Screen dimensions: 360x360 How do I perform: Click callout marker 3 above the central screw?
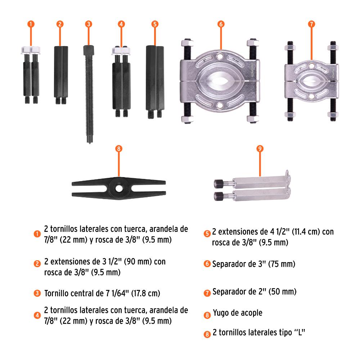(89, 24)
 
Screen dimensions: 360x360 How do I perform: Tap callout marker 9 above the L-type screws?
(260, 149)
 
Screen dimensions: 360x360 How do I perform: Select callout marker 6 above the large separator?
(221, 24)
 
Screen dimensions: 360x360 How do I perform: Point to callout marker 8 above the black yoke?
(118, 149)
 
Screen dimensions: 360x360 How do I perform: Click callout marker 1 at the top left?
(31, 24)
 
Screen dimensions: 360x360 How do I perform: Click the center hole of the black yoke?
(119, 189)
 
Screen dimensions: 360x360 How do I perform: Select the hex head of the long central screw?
(89, 50)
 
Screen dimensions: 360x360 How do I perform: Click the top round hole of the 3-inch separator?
(220, 56)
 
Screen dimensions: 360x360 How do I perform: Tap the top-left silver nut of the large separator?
(187, 43)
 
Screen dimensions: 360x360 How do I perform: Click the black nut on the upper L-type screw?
(218, 184)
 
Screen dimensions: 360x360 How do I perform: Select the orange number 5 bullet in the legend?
(207, 234)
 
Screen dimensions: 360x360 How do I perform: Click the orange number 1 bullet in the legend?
(37, 234)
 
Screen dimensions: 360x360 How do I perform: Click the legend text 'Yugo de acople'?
(238, 313)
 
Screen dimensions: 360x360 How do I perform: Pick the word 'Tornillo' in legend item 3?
(57, 293)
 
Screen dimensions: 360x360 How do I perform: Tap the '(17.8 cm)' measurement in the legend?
(145, 293)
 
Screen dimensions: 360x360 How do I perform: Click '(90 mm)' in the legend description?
(138, 261)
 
